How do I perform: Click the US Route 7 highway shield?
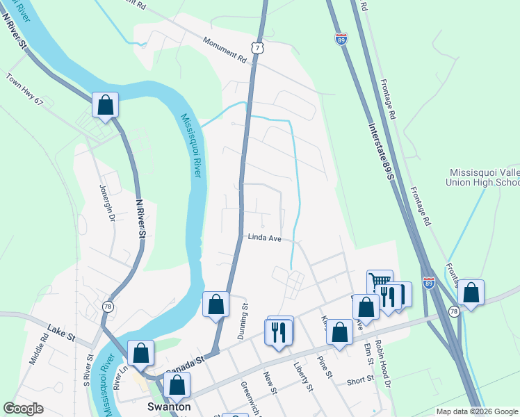point(258,47)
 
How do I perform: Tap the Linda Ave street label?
point(264,238)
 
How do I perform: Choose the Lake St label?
point(60,333)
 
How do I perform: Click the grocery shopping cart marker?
point(380,281)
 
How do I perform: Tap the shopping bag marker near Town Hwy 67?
point(105,106)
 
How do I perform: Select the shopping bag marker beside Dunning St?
point(216,304)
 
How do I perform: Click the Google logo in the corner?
point(24,409)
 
